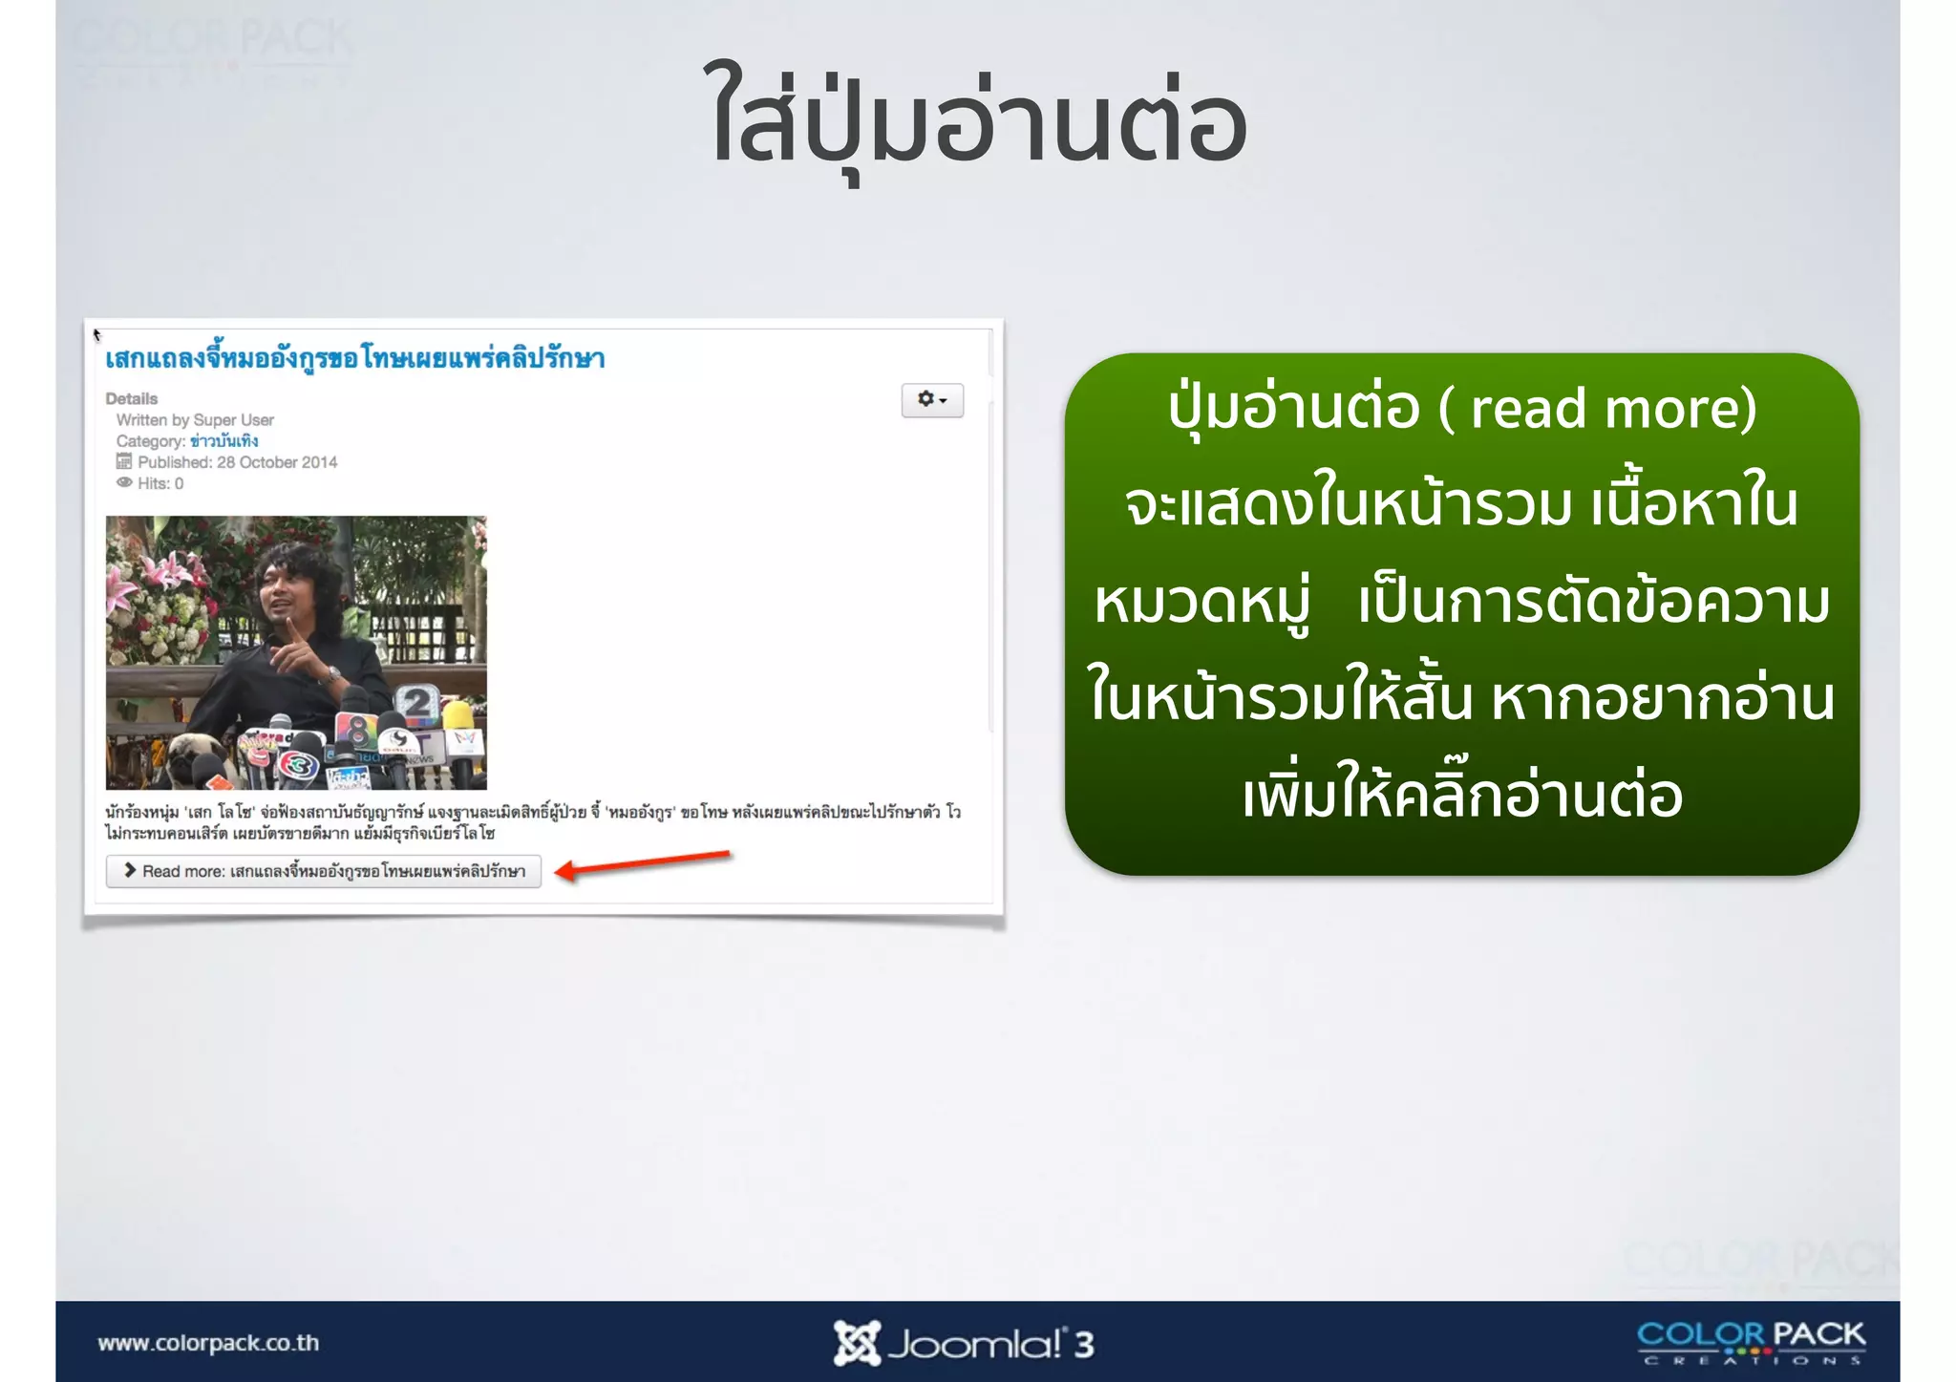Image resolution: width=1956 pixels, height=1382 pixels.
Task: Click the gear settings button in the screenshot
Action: [931, 400]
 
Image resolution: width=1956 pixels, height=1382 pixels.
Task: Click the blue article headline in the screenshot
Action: [354, 359]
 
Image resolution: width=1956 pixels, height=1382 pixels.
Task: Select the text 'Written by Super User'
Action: [195, 420]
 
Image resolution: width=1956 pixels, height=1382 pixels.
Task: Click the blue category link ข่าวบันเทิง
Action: [224, 441]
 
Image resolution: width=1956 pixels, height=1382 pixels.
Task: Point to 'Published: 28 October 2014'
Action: [237, 462]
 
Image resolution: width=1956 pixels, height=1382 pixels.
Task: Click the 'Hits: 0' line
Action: [159, 483]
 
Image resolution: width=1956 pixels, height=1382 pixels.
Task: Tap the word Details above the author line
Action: [132, 398]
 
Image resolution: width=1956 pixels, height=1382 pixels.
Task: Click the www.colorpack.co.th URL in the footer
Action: [208, 1343]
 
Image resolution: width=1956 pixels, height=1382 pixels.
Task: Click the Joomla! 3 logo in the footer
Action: [964, 1343]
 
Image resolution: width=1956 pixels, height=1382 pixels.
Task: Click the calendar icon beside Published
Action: [124, 462]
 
